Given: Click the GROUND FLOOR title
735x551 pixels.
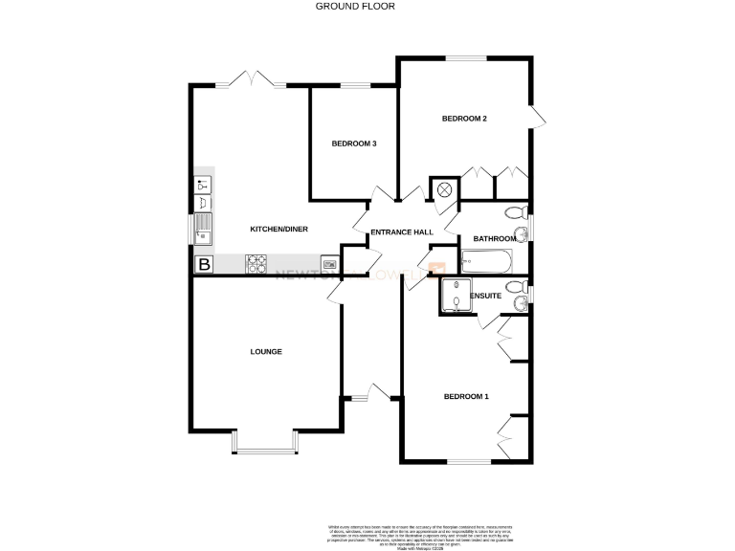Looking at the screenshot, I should point(355,6).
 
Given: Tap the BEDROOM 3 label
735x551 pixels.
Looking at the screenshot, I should point(354,143).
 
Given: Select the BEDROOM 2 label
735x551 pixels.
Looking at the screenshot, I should point(464,119).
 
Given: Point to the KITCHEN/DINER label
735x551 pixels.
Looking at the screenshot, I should point(278,230).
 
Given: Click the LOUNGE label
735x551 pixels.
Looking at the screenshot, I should point(266,352).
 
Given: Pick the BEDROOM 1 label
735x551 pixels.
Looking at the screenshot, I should point(465,397).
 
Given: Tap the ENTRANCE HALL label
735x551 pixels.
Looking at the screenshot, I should point(402,232).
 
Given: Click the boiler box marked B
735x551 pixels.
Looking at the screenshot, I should point(204,265).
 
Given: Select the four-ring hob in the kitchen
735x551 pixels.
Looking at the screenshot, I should point(256,264).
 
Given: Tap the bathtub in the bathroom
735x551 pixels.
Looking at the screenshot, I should point(487,260).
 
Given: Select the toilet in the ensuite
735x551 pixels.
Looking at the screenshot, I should point(515,286).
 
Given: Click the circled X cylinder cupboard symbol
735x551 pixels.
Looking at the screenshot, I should point(445,189).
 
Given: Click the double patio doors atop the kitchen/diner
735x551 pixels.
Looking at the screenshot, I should point(251,80).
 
